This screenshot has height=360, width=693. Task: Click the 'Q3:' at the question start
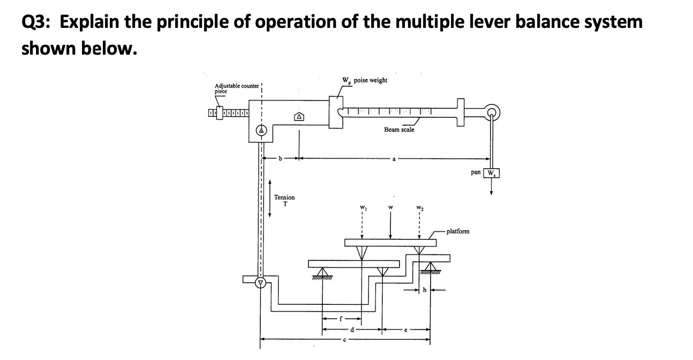[x=37, y=22]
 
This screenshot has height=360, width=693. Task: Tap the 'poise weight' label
[x=371, y=80]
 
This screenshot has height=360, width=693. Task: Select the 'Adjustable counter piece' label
[x=236, y=88]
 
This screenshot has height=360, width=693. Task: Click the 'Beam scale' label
[x=398, y=130]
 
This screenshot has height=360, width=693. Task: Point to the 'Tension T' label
[x=284, y=200]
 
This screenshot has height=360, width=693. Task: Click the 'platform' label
[x=457, y=231]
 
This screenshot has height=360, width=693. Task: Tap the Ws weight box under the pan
[x=491, y=173]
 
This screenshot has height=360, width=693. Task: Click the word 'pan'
[x=476, y=173]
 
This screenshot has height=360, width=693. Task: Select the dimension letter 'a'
[x=394, y=159]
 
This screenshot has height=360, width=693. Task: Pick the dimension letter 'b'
[x=280, y=159]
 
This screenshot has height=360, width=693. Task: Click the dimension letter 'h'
[x=424, y=290]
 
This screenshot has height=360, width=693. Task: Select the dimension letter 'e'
[x=405, y=330]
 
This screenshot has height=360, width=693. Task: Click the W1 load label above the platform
[x=363, y=208]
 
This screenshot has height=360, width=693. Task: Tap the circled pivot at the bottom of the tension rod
[x=261, y=281]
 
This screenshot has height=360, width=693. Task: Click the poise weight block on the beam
[x=336, y=111]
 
